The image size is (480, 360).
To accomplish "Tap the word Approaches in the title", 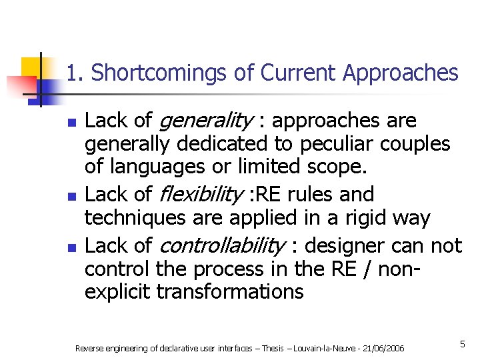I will point(401,73).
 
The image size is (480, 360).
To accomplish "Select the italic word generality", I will point(203,121).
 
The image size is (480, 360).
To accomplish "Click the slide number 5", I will point(462,344).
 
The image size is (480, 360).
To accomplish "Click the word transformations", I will point(229,292).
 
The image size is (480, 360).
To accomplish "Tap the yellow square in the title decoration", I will point(31,67).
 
